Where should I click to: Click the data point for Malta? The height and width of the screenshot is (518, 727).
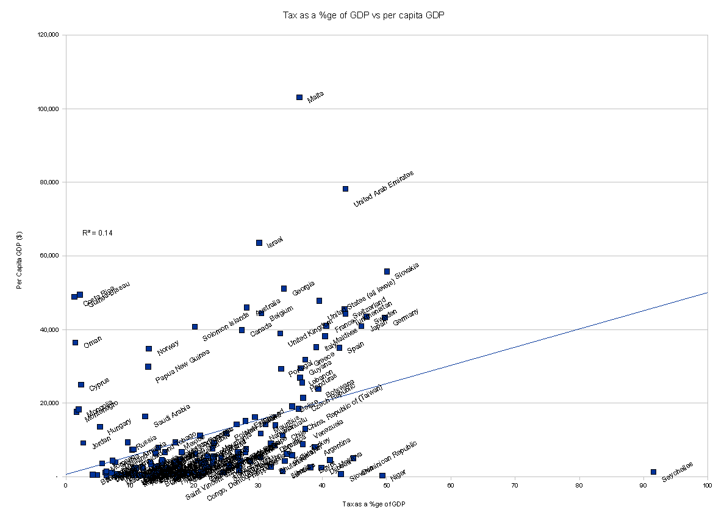click(x=299, y=97)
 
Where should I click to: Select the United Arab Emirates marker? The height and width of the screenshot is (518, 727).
click(x=345, y=189)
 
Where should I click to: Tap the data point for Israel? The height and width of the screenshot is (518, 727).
click(x=259, y=243)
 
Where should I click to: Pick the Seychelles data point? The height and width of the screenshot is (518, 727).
click(x=653, y=472)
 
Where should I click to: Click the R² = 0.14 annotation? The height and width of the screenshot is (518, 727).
click(x=98, y=233)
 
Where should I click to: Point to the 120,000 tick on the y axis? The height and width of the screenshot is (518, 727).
click(x=48, y=35)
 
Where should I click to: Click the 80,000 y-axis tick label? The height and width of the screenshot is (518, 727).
click(x=48, y=182)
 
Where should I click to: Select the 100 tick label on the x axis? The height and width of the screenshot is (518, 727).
click(x=707, y=486)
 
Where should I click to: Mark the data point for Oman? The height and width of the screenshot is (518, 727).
click(x=75, y=343)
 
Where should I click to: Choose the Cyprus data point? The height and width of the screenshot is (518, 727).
click(x=81, y=384)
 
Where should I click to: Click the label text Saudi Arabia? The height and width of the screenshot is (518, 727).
click(x=171, y=415)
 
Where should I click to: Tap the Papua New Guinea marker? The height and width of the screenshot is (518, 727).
click(x=148, y=367)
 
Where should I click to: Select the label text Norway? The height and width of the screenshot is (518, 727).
click(x=168, y=347)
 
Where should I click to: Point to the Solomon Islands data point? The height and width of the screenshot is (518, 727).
click(x=195, y=327)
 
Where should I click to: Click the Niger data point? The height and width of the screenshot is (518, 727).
click(x=382, y=475)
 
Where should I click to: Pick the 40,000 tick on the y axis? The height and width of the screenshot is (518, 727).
click(x=48, y=329)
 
